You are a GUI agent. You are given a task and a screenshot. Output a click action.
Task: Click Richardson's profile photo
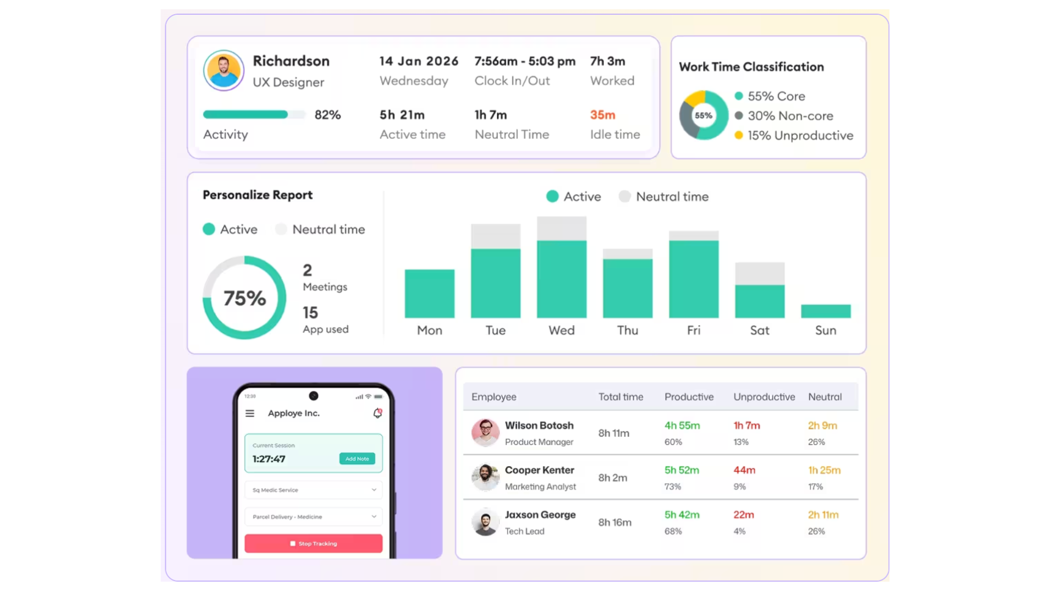point(224,71)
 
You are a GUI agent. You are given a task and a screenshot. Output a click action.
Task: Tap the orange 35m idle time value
point(603,115)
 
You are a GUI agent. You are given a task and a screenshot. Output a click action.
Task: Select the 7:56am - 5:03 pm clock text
point(525,61)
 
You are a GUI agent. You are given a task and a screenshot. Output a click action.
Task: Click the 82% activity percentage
point(328,115)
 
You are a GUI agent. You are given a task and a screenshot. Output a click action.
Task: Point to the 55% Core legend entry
point(770,96)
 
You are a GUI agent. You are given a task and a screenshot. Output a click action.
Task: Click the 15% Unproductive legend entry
point(794,136)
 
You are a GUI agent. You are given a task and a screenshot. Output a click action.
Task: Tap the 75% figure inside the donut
point(244,298)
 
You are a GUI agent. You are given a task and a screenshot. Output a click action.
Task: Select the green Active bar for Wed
point(562,279)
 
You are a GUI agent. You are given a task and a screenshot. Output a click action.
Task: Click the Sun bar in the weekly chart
point(826,311)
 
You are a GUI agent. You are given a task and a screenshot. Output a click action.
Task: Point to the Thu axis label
point(628,331)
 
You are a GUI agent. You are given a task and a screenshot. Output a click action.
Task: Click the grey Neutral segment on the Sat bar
point(760,274)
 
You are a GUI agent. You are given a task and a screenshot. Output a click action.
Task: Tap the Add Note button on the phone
point(357,459)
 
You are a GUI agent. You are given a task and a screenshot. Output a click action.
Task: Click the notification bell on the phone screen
point(377,413)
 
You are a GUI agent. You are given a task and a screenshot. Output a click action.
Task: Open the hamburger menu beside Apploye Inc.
point(250,414)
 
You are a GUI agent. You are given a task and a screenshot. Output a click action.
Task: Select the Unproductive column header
point(764,397)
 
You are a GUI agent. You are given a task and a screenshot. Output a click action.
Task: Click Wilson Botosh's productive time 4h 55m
point(682,426)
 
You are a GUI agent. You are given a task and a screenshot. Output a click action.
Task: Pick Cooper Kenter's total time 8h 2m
point(612,478)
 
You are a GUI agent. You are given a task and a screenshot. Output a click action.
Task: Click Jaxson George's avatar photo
point(485,522)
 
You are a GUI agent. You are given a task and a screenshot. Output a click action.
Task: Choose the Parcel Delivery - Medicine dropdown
point(313,517)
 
